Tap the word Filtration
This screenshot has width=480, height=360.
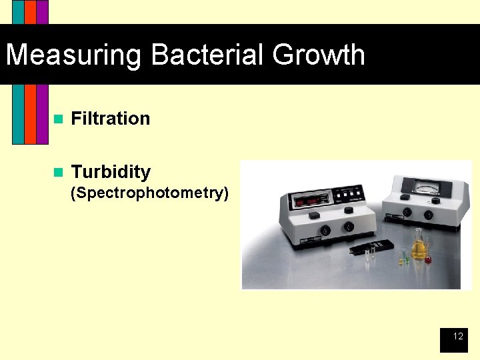pyautogui.click(x=110, y=119)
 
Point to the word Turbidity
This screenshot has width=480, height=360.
pyautogui.click(x=111, y=172)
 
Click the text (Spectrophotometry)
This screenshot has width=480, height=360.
pyautogui.click(x=150, y=193)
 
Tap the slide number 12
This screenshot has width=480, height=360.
pyautogui.click(x=458, y=337)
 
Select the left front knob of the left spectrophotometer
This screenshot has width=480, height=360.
pyautogui.click(x=325, y=230)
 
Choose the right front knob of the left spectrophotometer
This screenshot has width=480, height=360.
pyautogui.click(x=348, y=227)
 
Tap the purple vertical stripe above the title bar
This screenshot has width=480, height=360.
pyautogui.click(x=42, y=12)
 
